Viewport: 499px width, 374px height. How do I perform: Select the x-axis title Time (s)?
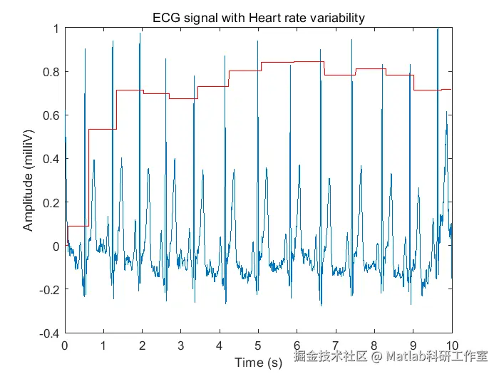pyautogui.click(x=259, y=363)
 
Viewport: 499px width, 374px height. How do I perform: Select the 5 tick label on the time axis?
pyautogui.click(x=259, y=346)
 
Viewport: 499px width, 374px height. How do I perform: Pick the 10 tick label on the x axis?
pyautogui.click(x=452, y=346)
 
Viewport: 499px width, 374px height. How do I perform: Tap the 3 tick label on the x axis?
pyautogui.click(x=181, y=346)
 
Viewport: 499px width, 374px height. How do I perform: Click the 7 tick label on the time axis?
pyautogui.click(x=336, y=346)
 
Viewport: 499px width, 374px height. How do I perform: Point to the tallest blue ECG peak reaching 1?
pyautogui.click(x=437, y=30)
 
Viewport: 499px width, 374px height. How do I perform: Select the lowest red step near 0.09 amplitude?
pyautogui.click(x=77, y=226)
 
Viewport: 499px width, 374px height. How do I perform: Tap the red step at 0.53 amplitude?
pyautogui.click(x=101, y=130)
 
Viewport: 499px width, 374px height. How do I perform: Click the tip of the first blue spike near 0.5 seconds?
pyautogui.click(x=85, y=50)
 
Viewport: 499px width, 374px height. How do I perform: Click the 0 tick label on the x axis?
pyautogui.click(x=66, y=346)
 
